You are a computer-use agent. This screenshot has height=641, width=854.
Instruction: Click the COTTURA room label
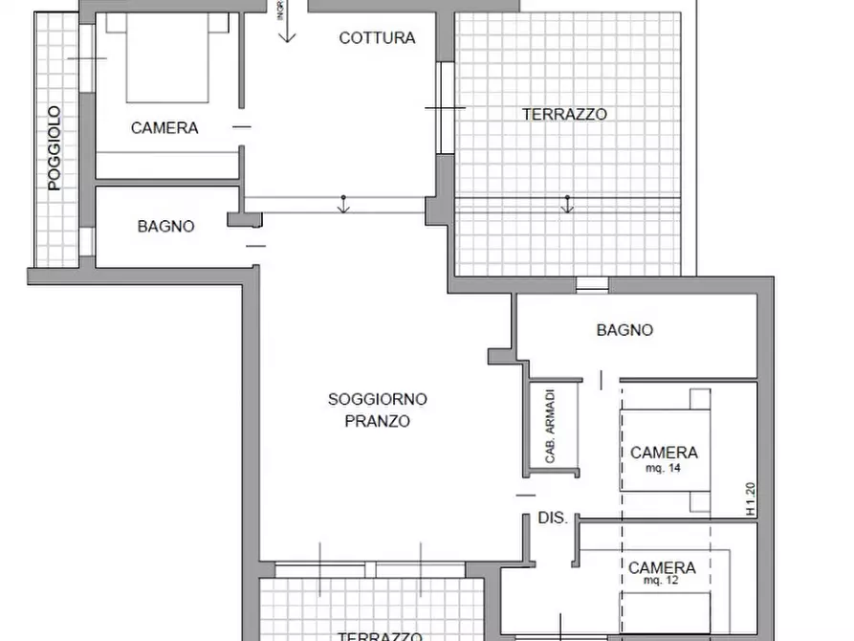click(377, 38)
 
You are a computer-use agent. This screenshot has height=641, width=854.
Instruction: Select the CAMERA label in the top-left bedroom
click(164, 128)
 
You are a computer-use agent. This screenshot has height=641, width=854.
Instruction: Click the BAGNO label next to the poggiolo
click(165, 227)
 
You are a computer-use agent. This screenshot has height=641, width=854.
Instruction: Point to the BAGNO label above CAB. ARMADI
click(624, 330)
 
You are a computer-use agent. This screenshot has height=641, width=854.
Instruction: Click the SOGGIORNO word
click(377, 399)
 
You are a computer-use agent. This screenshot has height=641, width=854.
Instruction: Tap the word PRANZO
click(377, 421)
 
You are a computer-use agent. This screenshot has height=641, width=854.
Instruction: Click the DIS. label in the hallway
click(553, 519)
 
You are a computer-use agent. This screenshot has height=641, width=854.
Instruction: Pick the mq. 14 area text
click(663, 468)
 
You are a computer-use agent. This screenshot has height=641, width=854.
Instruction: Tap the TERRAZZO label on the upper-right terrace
click(564, 114)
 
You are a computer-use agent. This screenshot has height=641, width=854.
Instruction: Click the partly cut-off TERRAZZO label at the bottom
click(380, 635)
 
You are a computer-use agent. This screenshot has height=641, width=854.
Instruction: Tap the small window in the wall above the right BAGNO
click(592, 284)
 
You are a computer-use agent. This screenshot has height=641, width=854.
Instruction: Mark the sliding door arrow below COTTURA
click(343, 203)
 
